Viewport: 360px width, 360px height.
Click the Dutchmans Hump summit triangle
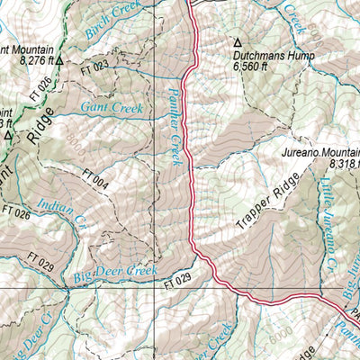pyautogui.click(x=238, y=42)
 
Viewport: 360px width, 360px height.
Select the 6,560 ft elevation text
pyautogui.click(x=251, y=66)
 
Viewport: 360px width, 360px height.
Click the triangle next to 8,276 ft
pyautogui.click(x=58, y=61)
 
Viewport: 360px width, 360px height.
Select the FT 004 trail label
pyautogui.click(x=95, y=179)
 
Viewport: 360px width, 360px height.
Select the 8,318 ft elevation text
pyautogui.click(x=344, y=165)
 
